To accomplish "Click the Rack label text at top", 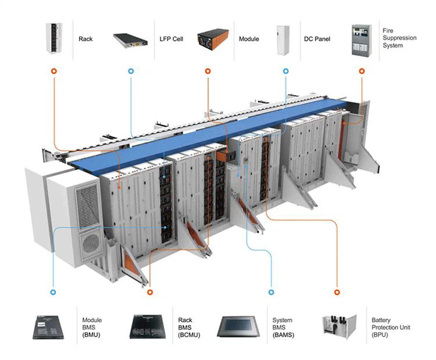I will click(x=85, y=40).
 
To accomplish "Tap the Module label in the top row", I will click(x=249, y=40).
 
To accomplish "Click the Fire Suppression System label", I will click(x=399, y=37).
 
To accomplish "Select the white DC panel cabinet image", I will click(x=283, y=40).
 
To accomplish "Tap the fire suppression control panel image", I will click(x=361, y=40).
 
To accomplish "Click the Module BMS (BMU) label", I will click(x=92, y=327).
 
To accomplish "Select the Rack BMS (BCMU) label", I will click(x=185, y=327).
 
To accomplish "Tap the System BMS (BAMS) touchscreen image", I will click(x=238, y=327).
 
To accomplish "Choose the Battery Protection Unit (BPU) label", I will click(x=391, y=327).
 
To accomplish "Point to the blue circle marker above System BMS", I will click(x=270, y=291).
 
